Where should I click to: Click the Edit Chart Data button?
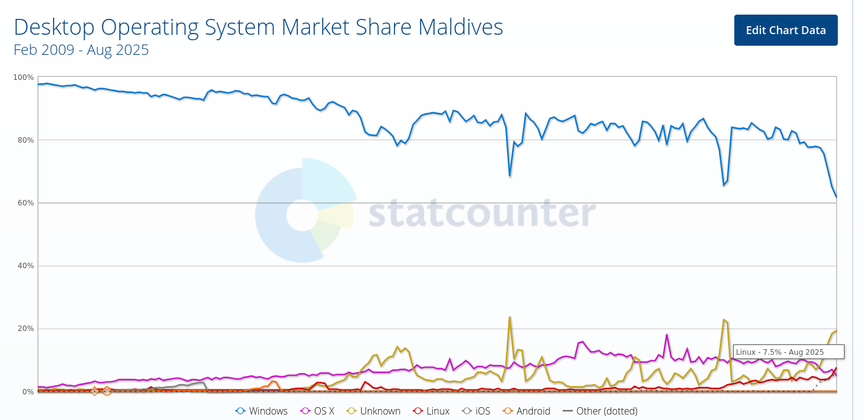785,30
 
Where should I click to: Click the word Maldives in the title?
461,27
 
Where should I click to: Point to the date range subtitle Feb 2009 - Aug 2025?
81,50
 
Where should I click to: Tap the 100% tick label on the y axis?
24,77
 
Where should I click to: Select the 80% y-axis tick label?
25,140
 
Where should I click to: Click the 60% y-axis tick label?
25,203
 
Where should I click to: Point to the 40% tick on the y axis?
25,266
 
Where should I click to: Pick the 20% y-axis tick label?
25,329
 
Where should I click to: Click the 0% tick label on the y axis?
27,391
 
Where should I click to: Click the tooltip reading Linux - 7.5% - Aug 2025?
788,352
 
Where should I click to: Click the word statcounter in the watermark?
482,213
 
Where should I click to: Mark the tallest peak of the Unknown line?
510,317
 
